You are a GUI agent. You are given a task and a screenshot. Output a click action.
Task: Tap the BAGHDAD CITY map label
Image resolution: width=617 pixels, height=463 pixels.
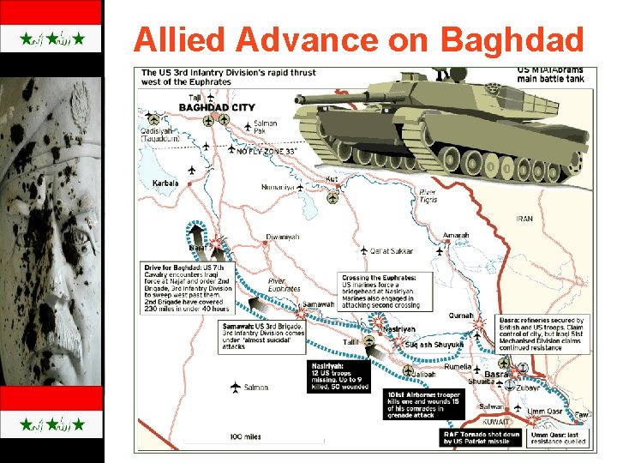pyautogui.click(x=217, y=107)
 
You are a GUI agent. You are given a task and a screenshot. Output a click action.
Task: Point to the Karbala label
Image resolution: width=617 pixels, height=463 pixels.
pyautogui.click(x=165, y=183)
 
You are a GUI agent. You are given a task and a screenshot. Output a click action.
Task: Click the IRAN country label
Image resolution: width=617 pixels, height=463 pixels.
pyautogui.click(x=524, y=219)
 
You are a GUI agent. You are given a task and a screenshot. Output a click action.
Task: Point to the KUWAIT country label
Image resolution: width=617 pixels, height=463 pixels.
pyautogui.click(x=495, y=422)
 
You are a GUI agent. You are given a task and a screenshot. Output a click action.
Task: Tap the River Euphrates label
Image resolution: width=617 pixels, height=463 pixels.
pyautogui.click(x=284, y=285)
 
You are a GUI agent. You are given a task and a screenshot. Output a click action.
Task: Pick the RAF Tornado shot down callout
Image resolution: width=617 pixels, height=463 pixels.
pyautogui.click(x=481, y=439)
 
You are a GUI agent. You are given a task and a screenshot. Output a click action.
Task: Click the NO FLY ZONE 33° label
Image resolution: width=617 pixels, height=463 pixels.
pyautogui.click(x=267, y=151)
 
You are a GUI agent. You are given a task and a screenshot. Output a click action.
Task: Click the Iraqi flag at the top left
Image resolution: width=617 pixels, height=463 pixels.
pyautogui.click(x=52, y=39)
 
